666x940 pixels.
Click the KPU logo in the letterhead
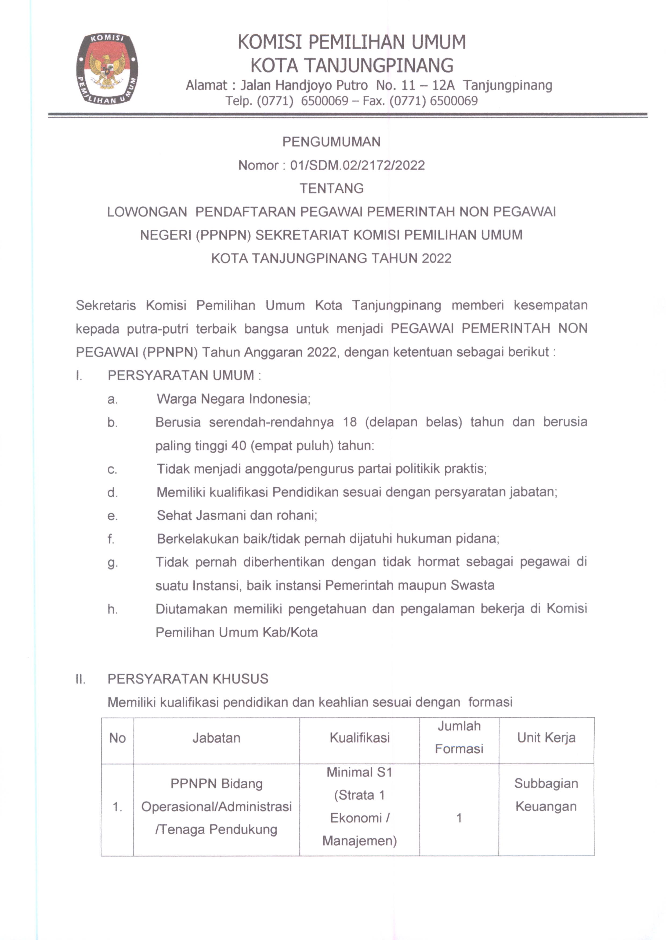107,69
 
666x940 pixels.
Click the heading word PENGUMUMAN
331,142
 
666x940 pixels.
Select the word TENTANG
331,188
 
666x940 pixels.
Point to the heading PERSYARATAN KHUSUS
188,679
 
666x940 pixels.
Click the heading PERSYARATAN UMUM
181,375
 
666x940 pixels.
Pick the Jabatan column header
216,738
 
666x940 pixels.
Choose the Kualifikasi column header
359,738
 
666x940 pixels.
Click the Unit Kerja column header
546,738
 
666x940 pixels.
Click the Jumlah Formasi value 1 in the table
459,818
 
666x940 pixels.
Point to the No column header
117,738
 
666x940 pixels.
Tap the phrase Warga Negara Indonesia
233,399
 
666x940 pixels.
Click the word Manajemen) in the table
359,841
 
